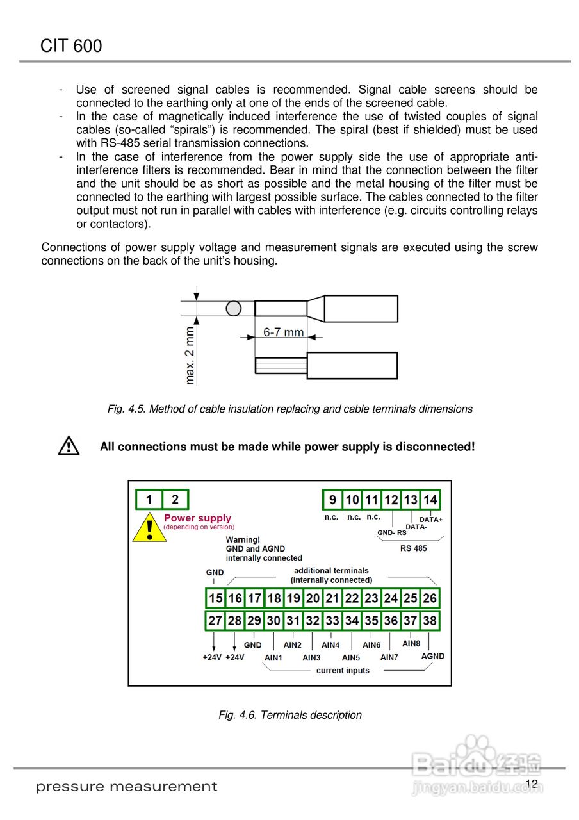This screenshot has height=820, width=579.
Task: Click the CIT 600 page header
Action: pyautogui.click(x=71, y=46)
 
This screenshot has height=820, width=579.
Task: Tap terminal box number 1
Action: pyautogui.click(x=149, y=500)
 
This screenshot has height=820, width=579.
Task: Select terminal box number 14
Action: pyautogui.click(x=430, y=500)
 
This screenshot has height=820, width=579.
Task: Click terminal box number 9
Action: pyautogui.click(x=332, y=500)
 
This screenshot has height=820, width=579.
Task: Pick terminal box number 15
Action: pyautogui.click(x=215, y=598)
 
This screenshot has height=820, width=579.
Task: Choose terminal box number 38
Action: pyautogui.click(x=430, y=621)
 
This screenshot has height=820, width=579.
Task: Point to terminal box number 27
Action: pyautogui.click(x=215, y=621)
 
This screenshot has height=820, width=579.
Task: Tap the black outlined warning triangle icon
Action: pyautogui.click(x=69, y=446)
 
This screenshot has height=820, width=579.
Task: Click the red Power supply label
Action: pyautogui.click(x=197, y=518)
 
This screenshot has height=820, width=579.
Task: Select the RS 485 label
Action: pyautogui.click(x=413, y=548)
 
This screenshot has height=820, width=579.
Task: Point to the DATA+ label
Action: pyautogui.click(x=431, y=520)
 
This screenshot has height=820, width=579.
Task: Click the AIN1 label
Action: pyautogui.click(x=273, y=657)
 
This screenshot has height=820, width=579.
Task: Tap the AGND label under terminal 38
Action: pyautogui.click(x=432, y=656)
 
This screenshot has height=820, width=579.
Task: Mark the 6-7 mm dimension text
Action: pyautogui.click(x=283, y=332)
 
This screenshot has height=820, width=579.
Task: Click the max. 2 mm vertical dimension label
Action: pyautogui.click(x=190, y=356)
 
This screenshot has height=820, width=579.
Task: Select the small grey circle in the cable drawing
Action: pyautogui.click(x=234, y=309)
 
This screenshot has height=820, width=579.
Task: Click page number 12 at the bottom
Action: pyautogui.click(x=531, y=784)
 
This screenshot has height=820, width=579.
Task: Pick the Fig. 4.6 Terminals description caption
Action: pyautogui.click(x=290, y=715)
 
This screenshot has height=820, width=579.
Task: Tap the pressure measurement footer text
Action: pyautogui.click(x=127, y=787)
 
